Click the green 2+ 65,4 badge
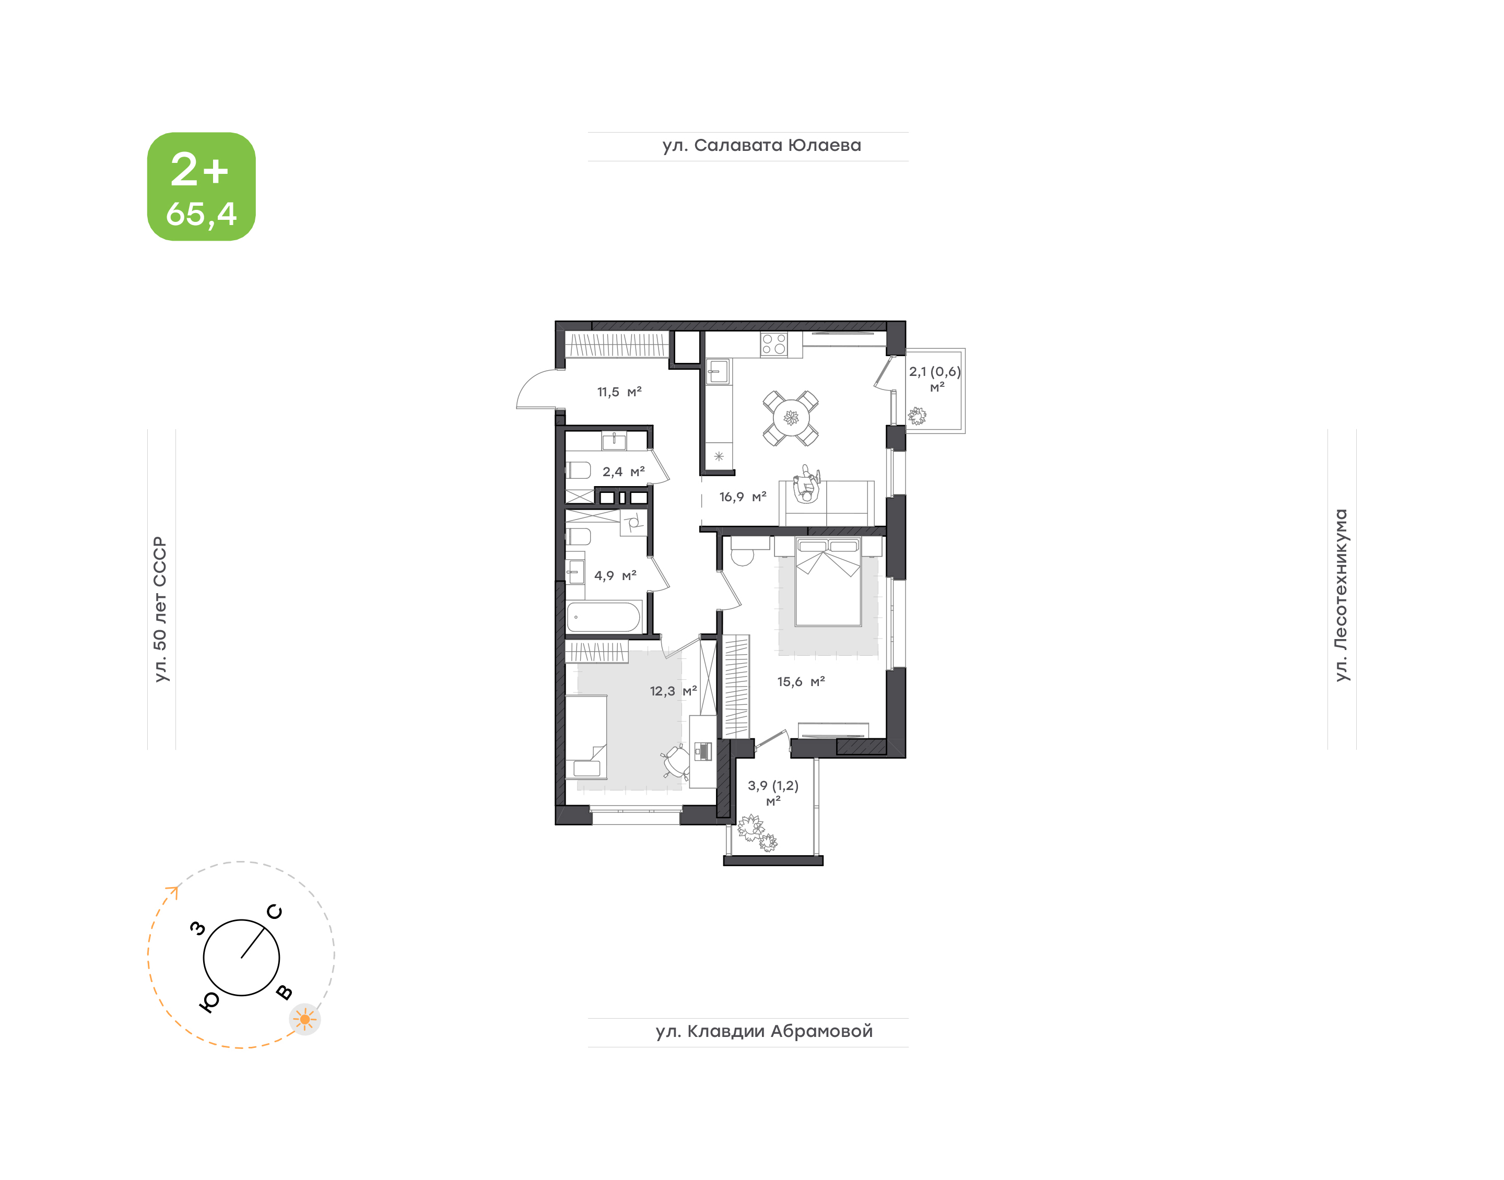[201, 186]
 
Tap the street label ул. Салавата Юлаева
[761, 146]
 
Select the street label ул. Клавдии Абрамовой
[764, 1032]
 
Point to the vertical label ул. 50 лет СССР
[160, 609]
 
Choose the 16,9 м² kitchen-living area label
[743, 497]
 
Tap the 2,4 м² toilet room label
[623, 472]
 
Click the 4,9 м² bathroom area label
[615, 575]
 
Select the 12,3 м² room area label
[673, 691]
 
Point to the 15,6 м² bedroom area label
[801, 682]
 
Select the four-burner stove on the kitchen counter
[774, 344]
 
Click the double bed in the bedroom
[828, 582]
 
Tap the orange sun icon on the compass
[304, 1019]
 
